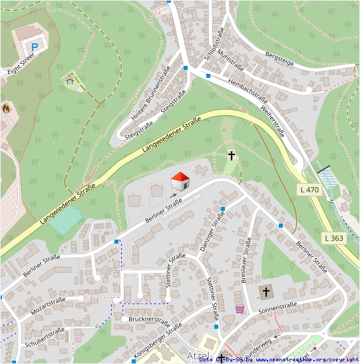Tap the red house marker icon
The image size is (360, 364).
click(x=180, y=181)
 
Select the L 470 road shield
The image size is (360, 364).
click(x=309, y=190)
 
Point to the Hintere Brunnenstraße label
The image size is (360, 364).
click(x=151, y=92)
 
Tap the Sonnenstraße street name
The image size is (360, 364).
click(x=277, y=308)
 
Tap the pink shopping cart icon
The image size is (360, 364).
click(x=240, y=309)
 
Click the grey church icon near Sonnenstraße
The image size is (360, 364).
click(x=266, y=291)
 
